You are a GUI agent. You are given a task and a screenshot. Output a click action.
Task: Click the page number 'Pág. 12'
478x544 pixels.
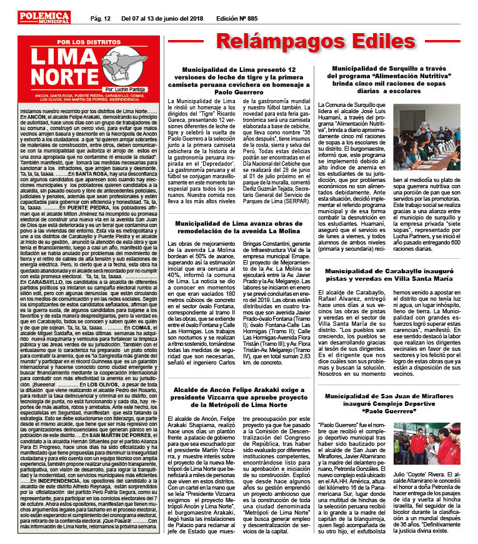tap(101, 19)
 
